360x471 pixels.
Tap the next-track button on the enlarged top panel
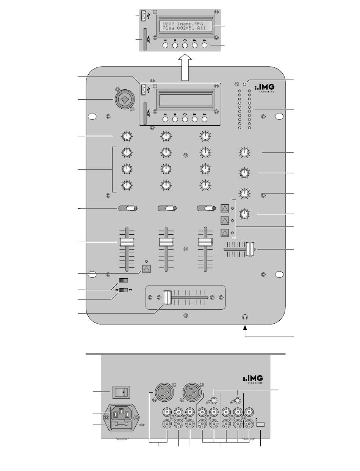click(x=205, y=45)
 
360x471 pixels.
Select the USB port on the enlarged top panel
click(x=143, y=16)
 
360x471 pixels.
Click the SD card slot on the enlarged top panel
click(x=145, y=39)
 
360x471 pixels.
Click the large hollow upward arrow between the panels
click(x=185, y=67)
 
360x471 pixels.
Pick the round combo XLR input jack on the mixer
click(x=125, y=99)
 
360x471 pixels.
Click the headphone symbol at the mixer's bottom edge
click(x=245, y=317)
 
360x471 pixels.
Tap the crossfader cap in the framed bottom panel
click(x=167, y=298)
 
